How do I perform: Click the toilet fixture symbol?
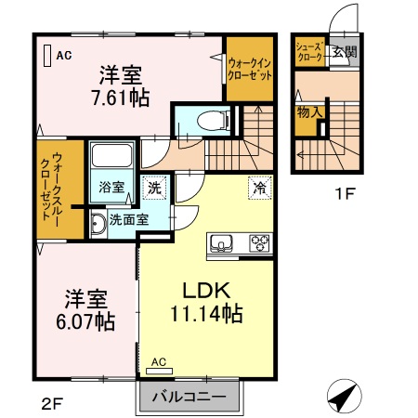coord(214,121)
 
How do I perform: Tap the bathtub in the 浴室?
coord(111,155)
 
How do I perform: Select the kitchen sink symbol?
coord(221,243)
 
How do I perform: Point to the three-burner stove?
coord(259,243)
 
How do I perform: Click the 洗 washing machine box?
coord(154,188)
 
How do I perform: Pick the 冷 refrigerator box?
coord(259,188)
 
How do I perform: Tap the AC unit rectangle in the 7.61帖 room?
coord(47,56)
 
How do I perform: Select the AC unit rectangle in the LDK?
coord(159,371)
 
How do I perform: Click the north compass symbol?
coord(345,396)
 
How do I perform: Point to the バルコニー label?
coord(189,397)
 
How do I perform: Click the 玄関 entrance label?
coord(345,52)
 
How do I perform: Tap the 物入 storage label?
coord(309,112)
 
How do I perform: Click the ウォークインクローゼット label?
coord(250,69)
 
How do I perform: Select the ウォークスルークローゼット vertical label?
coord(52,187)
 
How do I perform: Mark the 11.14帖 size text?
coord(206,314)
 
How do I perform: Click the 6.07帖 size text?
coord(85,321)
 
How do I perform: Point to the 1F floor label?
coord(345,194)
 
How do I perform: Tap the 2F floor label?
coord(53,403)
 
